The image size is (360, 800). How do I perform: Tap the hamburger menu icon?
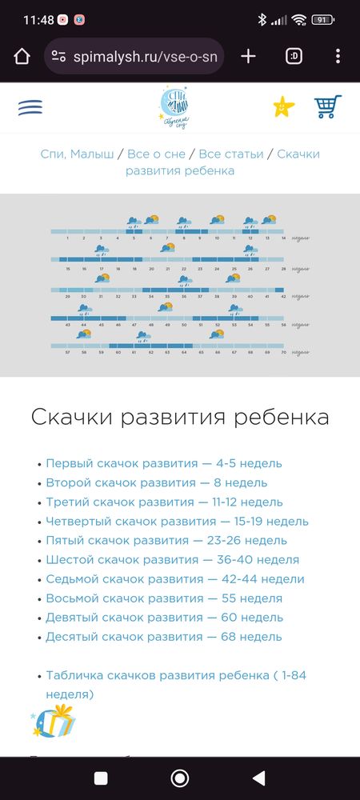tap(30, 107)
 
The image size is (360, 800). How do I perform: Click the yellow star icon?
tap(283, 106)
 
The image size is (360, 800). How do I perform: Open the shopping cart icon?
tap(328, 106)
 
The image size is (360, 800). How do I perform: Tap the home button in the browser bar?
tap(22, 56)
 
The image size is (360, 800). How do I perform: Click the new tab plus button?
tap(248, 56)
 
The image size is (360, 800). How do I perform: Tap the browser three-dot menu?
tap(338, 56)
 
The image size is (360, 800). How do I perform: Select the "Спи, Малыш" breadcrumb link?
tap(78, 154)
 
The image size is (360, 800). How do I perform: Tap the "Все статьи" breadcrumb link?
tap(231, 154)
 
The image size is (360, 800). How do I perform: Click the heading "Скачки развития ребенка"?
tap(180, 417)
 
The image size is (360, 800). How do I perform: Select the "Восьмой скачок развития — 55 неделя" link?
tap(164, 598)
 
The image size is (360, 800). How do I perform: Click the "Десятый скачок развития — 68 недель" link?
tap(164, 637)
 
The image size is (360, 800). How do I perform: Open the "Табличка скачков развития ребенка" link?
tap(176, 675)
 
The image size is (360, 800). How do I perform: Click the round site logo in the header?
tap(179, 107)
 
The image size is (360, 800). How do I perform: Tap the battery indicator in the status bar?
tap(322, 19)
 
